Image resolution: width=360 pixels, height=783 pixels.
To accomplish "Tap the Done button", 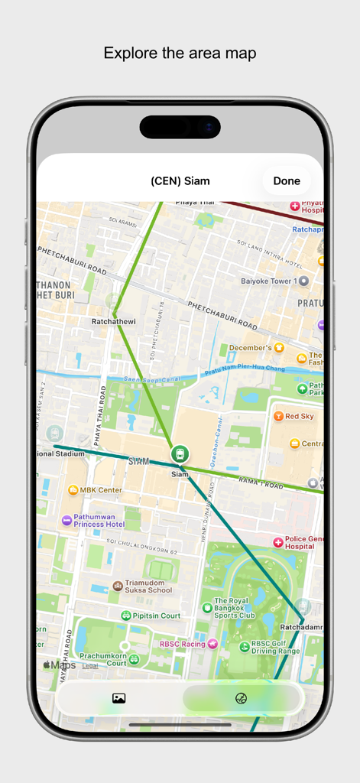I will point(287,181).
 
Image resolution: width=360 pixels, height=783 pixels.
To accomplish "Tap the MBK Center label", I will point(101,489).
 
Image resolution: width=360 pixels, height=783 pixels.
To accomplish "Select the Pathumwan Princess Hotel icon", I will point(67,520).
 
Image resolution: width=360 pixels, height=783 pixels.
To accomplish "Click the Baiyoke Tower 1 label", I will point(268,281).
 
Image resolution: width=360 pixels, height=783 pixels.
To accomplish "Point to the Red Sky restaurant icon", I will point(279,417).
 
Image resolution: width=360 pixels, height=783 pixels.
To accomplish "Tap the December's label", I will point(251,348).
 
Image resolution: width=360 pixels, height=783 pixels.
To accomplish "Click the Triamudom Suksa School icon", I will point(118,586).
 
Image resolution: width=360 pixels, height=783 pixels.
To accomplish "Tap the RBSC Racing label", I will point(183,644).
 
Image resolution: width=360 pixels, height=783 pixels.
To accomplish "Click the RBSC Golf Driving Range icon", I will point(245,647).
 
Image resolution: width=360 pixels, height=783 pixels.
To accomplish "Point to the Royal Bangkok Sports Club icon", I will point(207,608).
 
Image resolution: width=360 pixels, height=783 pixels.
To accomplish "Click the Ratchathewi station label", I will point(114,322).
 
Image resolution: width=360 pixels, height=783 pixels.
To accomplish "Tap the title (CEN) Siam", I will point(180,181).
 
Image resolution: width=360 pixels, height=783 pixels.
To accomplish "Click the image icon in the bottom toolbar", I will point(118,698).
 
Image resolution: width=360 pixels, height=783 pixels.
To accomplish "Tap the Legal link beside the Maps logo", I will point(90,666).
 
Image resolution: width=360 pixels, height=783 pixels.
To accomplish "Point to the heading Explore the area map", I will point(180,53).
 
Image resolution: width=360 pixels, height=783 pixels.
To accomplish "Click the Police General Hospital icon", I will point(278,542).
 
